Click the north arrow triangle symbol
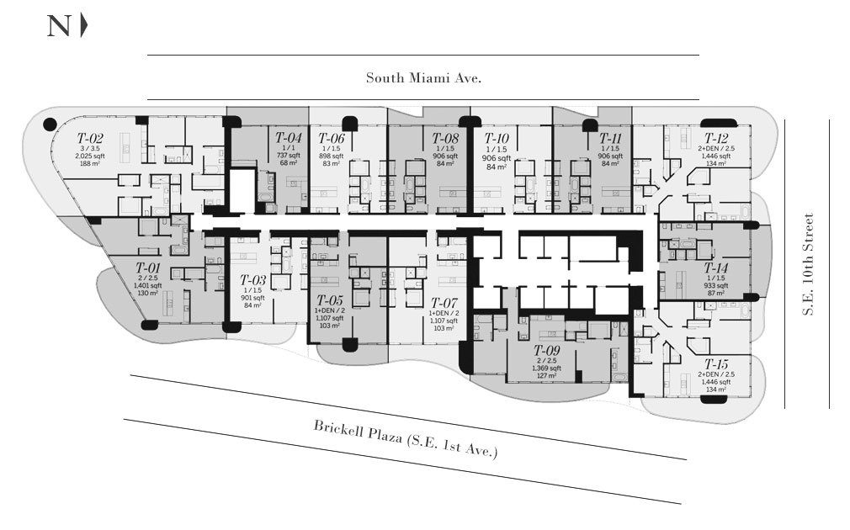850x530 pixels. [x=83, y=26]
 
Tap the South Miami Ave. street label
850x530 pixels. [x=423, y=78]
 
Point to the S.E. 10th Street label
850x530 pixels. [x=808, y=264]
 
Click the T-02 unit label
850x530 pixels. [x=90, y=138]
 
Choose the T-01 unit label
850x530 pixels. [x=149, y=268]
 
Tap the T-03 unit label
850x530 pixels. [x=252, y=280]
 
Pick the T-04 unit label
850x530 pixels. [x=288, y=137]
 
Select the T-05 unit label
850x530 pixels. [x=330, y=299]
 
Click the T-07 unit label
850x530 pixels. [x=444, y=302]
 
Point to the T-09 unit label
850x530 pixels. [x=547, y=349]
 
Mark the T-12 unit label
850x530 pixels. [x=717, y=138]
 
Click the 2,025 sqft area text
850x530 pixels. [x=90, y=156]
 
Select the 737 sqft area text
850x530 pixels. [x=288, y=156]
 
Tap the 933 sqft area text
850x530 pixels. [x=717, y=284]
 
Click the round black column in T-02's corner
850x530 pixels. [x=50, y=124]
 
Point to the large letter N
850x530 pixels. [x=59, y=26]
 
